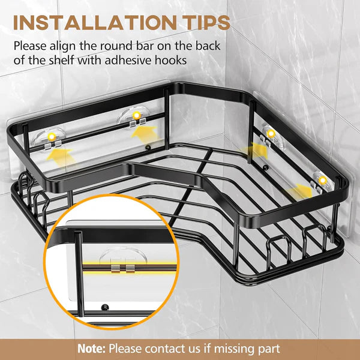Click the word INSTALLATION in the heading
tap(95, 23)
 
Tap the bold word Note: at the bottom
tap(91, 349)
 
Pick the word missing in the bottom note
tap(233, 349)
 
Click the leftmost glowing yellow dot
tap(52, 137)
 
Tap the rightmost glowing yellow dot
tap(323, 181)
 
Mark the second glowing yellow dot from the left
tap(137, 115)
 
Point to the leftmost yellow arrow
tap(59, 157)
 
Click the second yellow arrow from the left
tap(145, 133)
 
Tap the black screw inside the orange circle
tap(105, 307)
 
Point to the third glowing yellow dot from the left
tap(271, 133)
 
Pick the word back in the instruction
tap(208, 46)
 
